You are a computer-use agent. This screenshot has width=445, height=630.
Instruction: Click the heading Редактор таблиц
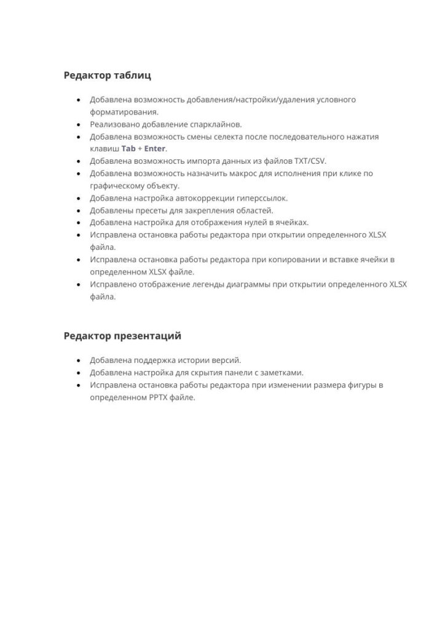107,76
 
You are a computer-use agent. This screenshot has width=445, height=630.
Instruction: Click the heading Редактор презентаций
122,336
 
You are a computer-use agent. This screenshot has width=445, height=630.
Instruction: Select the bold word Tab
128,149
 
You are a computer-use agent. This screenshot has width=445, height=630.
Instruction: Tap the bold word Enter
155,149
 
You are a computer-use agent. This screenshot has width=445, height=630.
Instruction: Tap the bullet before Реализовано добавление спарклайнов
78,124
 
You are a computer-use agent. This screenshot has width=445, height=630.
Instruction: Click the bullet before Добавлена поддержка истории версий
78,361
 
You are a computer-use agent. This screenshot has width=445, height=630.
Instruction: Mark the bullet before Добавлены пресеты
78,210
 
